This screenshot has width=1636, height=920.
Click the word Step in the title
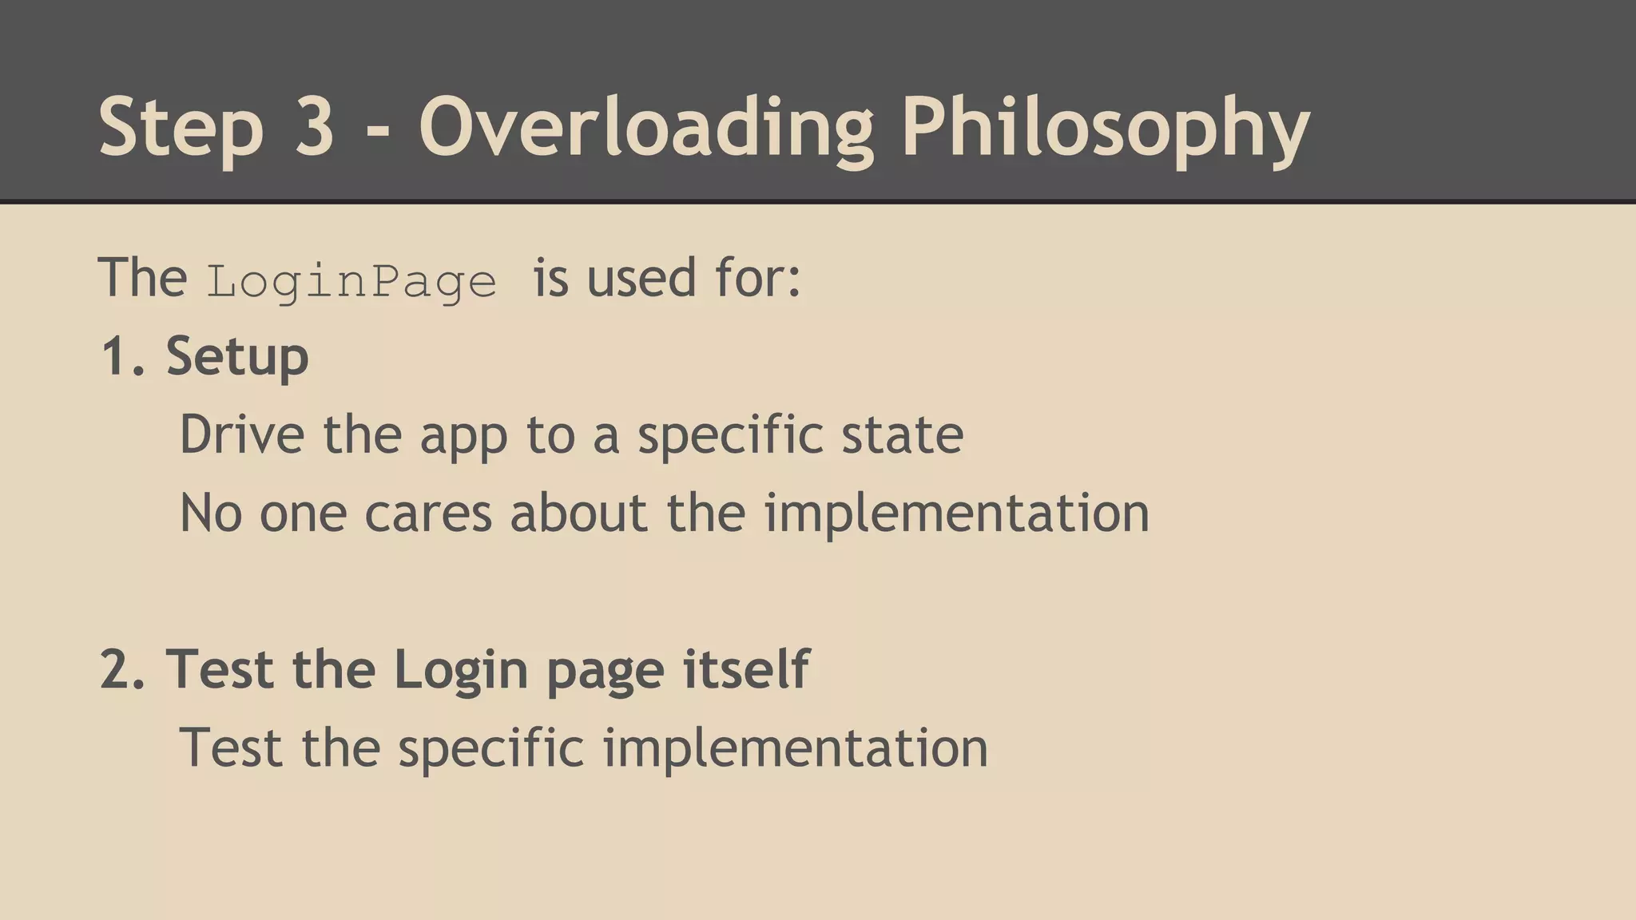coord(181,128)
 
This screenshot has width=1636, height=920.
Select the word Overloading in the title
coord(646,128)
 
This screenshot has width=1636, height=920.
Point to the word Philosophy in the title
coord(1106,128)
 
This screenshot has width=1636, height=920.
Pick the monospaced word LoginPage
coord(351,282)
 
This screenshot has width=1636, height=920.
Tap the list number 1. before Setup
coord(124,356)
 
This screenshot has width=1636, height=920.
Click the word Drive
coord(242,434)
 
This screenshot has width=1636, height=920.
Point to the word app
coord(463,438)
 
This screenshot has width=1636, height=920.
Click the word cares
coord(428,514)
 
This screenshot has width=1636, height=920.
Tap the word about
coord(578,513)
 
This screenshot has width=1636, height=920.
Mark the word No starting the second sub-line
coord(211,513)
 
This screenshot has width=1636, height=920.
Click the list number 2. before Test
coord(124,669)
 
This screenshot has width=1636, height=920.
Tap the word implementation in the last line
coord(795,749)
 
